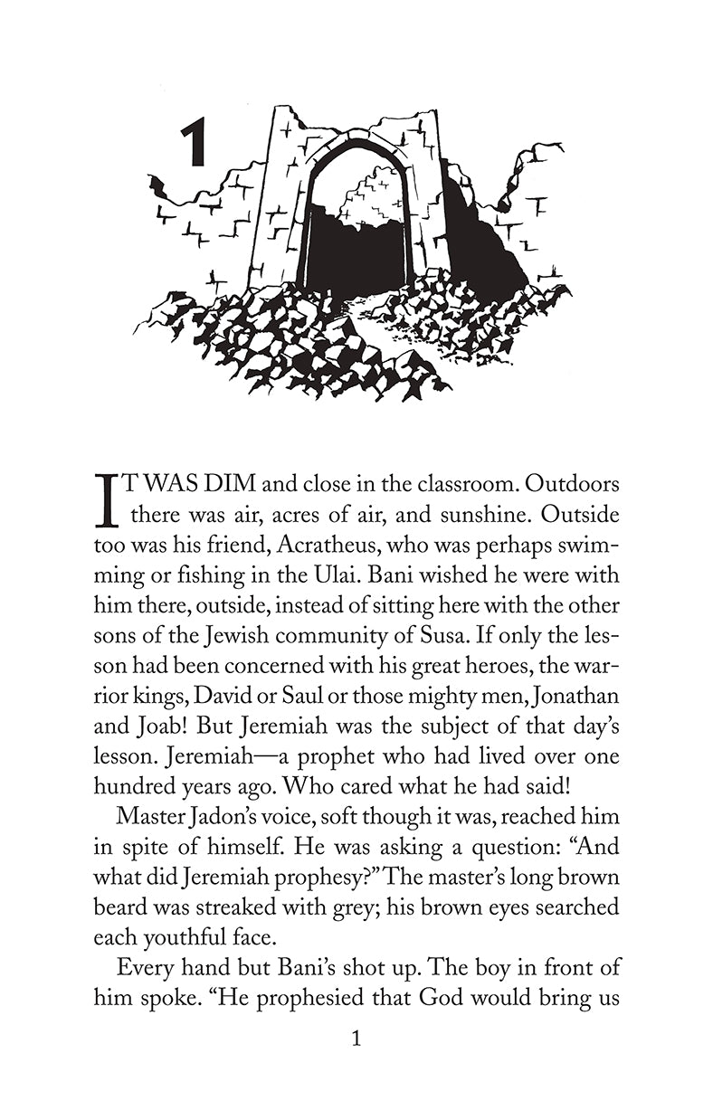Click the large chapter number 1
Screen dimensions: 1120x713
(x=194, y=144)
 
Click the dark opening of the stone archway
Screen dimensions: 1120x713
(x=353, y=244)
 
